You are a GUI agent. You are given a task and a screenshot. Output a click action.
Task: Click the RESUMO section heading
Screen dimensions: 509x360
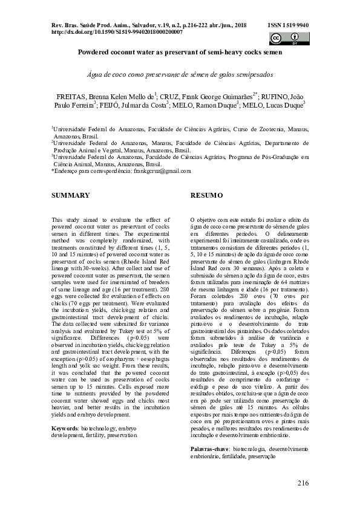coord(207,195)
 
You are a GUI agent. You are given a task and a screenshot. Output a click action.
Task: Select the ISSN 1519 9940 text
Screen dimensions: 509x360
coord(287,26)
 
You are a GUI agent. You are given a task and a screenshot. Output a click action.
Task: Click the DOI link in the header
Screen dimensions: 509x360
coord(113,32)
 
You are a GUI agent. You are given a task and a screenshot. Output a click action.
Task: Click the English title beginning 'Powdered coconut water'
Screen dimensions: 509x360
coord(180,53)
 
